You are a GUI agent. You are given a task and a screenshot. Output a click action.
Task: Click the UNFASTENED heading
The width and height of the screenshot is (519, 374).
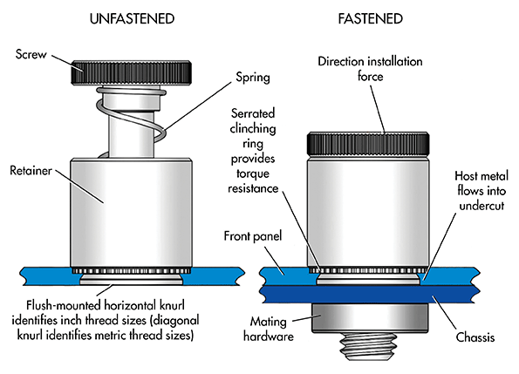tap(132, 19)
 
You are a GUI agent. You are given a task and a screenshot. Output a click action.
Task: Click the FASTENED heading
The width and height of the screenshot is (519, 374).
tap(371, 19)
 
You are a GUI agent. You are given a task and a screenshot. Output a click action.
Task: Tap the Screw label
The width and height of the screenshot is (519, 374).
tap(31, 54)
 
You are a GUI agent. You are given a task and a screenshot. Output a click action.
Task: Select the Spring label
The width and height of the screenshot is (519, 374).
tap(253, 78)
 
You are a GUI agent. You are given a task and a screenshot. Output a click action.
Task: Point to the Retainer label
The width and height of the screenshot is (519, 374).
tap(31, 171)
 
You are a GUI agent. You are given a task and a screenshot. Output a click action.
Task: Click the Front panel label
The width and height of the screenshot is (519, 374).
tap(253, 236)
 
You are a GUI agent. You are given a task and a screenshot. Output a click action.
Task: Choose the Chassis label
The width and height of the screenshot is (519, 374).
tap(475, 337)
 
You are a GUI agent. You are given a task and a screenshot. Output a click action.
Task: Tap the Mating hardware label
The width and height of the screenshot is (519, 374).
tap(269, 329)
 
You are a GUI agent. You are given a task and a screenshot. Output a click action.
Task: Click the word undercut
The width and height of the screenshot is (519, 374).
tap(481, 206)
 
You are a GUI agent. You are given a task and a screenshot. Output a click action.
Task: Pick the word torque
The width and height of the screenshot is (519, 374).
tap(253, 173)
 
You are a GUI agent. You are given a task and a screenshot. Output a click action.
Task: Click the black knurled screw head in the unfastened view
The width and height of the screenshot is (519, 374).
tap(131, 72)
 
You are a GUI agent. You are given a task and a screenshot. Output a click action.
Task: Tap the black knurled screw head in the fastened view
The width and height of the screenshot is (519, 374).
tap(368, 144)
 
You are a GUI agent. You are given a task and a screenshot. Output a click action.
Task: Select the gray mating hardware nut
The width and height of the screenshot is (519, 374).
tap(370, 318)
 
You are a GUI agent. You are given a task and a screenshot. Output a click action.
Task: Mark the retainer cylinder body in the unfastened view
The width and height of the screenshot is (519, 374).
tap(131, 213)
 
